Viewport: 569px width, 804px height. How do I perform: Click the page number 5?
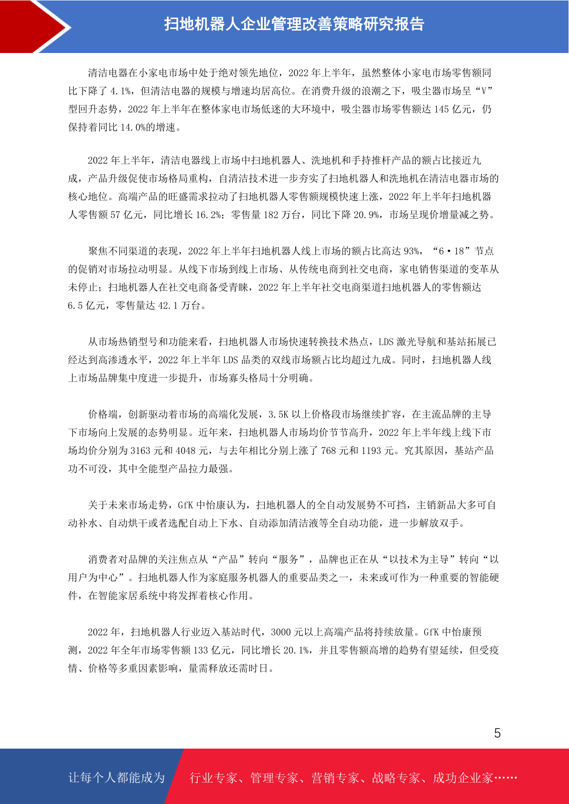[497, 733]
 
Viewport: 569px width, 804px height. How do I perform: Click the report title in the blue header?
[294, 24]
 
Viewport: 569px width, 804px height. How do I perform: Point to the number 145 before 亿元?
[441, 109]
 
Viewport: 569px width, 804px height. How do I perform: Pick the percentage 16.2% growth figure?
[208, 215]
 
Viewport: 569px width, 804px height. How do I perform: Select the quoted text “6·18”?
[451, 251]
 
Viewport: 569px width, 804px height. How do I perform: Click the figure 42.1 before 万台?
[168, 306]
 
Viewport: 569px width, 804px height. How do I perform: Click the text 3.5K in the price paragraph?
[278, 414]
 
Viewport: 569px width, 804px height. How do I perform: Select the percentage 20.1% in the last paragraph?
[296, 650]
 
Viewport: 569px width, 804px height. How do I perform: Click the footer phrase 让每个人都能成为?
[117, 778]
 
